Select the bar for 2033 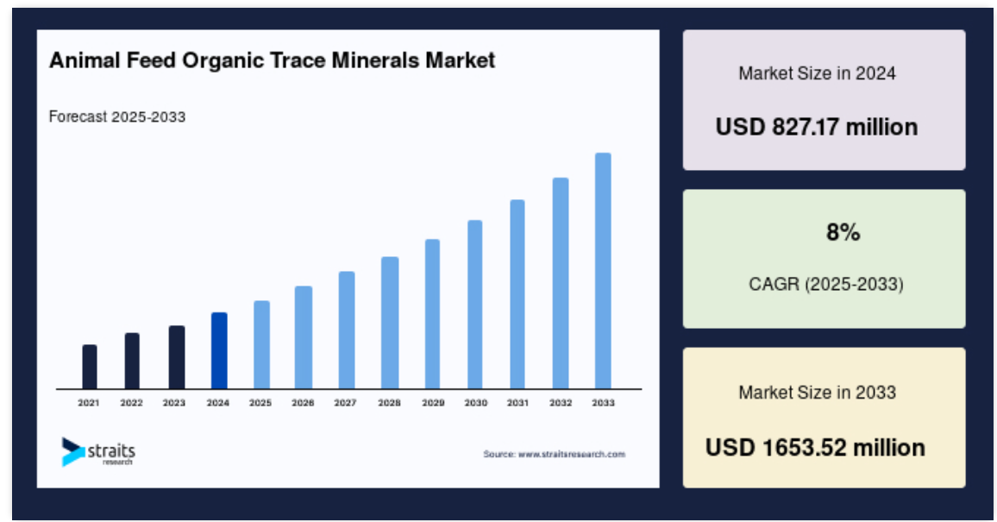point(603,271)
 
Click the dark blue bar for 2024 point(219,351)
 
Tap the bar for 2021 point(90,367)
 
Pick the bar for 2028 point(390,323)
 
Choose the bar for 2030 point(475,305)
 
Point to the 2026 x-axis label point(303,402)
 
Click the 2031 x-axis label point(517,402)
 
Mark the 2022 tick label point(132,402)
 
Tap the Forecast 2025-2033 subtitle point(117,117)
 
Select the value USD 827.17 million point(817,127)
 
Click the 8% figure point(843,233)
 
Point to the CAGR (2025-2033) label point(826,284)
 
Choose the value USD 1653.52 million point(815,448)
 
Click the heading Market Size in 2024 point(817,73)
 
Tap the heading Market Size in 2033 point(817,393)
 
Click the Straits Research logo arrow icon point(72,451)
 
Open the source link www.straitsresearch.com point(572,454)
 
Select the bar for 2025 point(261,345)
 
